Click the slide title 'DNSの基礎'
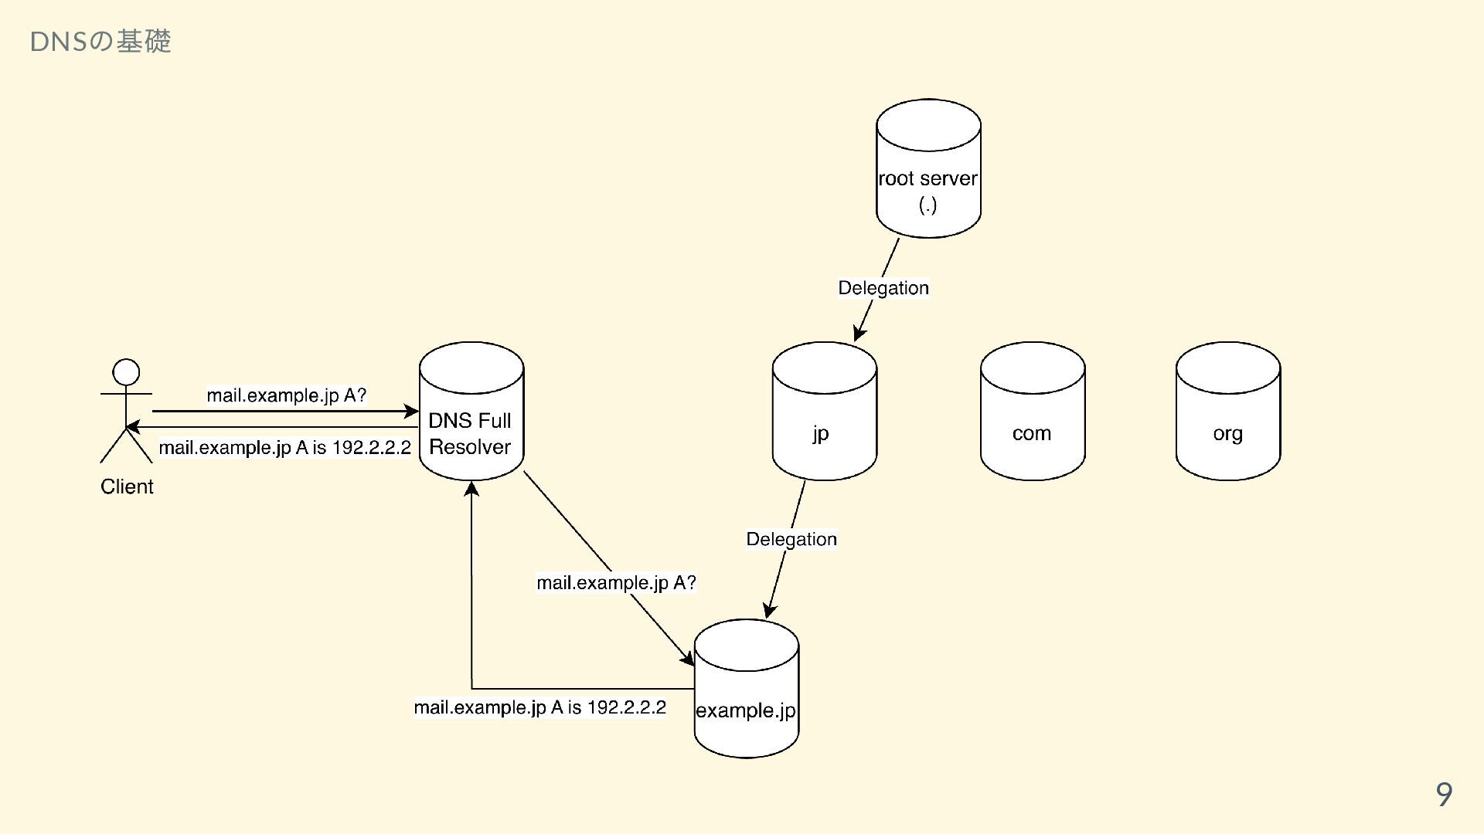100,41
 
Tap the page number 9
1443,794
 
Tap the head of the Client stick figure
126,372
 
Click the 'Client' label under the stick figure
127,486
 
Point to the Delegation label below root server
883,288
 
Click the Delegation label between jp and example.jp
791,539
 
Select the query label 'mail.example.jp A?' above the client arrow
286,395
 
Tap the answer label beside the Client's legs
284,448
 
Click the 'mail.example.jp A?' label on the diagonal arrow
616,582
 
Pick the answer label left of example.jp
539,707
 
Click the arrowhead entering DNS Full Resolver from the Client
411,412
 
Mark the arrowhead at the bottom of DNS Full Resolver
471,489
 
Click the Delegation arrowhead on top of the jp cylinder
859,334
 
